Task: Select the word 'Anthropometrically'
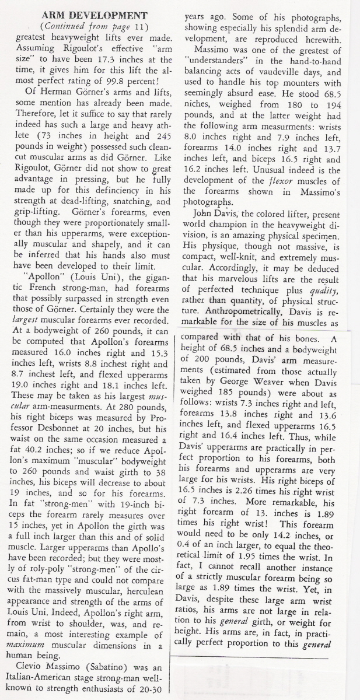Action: [x=254, y=306]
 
